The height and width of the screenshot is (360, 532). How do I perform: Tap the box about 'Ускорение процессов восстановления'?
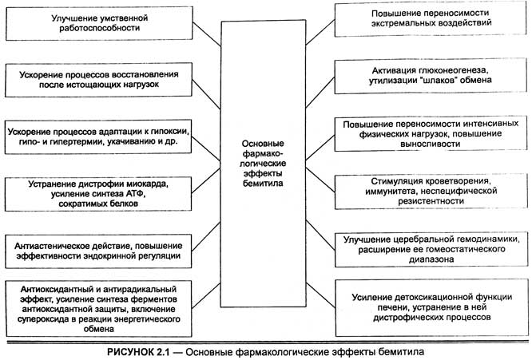100,79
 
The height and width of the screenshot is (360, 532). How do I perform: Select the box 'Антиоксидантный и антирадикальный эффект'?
100,307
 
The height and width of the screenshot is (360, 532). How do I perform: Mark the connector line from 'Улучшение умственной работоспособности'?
204,33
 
